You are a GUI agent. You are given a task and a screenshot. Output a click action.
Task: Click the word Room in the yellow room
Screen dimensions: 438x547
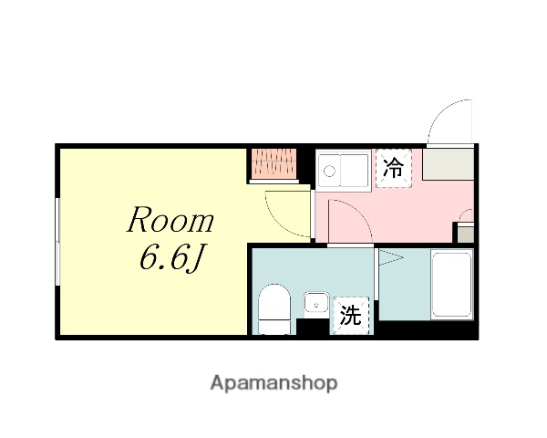pyautogui.click(x=170, y=221)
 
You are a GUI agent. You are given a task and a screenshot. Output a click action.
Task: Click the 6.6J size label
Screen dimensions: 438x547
pyautogui.click(x=170, y=260)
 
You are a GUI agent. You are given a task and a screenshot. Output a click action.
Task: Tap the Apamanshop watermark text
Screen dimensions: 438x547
pyautogui.click(x=273, y=383)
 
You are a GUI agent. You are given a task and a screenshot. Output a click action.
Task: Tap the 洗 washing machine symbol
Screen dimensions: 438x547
pyautogui.click(x=351, y=317)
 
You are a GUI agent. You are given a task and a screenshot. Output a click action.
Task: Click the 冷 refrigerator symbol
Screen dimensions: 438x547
pyautogui.click(x=394, y=168)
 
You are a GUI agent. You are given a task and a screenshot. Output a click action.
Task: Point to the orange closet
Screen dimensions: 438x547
pyautogui.click(x=274, y=163)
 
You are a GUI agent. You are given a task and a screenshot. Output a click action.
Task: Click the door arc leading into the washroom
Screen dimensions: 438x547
pyautogui.click(x=346, y=222)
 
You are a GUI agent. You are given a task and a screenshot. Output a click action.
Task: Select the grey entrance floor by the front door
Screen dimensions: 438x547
pyautogui.click(x=447, y=164)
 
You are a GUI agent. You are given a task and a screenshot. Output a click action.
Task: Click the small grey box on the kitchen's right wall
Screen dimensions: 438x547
pyautogui.click(x=465, y=234)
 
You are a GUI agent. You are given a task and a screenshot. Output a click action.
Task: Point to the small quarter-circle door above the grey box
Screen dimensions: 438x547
pyautogui.click(x=466, y=216)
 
